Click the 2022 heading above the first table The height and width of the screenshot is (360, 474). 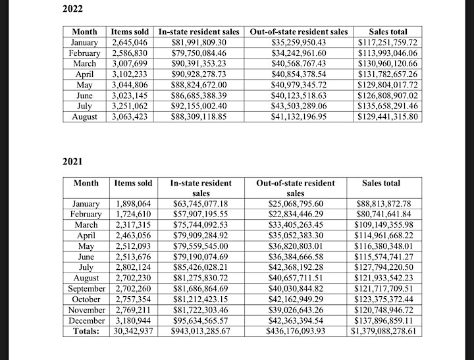point(72,9)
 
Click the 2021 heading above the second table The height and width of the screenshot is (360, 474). point(72,161)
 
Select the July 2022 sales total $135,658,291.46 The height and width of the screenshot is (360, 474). point(388,106)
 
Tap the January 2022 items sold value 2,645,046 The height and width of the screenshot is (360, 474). point(130,42)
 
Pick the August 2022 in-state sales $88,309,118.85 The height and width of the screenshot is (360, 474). point(199,116)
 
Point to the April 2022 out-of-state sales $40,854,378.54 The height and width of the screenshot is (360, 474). point(299,74)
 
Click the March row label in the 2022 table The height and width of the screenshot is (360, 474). point(85,64)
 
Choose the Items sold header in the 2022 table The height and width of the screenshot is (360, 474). point(130,32)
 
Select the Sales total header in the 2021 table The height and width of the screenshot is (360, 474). point(381,183)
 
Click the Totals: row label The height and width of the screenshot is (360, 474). point(86,331)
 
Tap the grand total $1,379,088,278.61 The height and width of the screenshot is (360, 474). point(383,331)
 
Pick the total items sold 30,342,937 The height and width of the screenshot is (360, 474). point(133,331)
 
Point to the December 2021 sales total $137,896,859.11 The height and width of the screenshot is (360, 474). point(383,321)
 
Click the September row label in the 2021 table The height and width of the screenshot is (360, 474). point(86,289)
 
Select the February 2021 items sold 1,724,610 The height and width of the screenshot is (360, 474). point(133,215)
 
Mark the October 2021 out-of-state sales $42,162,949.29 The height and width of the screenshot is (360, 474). point(296,299)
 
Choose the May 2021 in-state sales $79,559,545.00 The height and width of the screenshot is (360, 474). point(201,246)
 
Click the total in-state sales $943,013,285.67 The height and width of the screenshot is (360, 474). point(201,331)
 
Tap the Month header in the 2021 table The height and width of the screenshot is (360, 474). point(86,183)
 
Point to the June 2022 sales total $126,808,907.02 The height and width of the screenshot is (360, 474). point(388,96)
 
